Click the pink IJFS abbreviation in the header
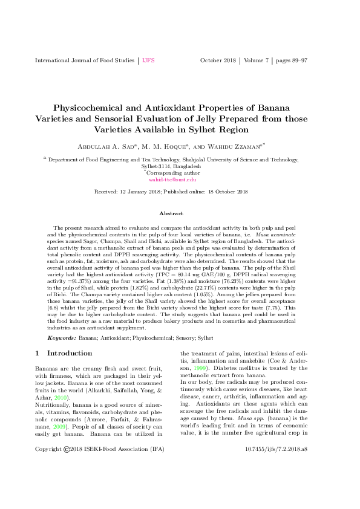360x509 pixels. (x=149, y=61)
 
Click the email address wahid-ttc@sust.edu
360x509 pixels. (x=172, y=180)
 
